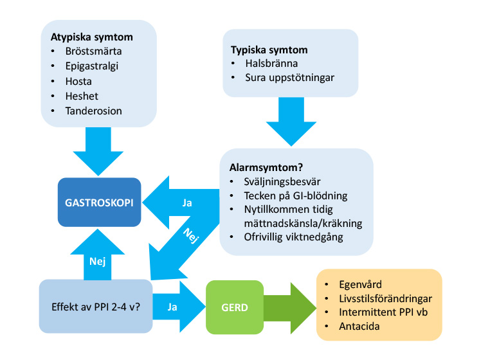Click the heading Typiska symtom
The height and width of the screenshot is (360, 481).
click(x=269, y=50)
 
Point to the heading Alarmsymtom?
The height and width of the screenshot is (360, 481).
click(x=266, y=167)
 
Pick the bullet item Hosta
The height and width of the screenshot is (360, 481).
click(x=78, y=82)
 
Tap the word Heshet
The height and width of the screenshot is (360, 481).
click(x=82, y=96)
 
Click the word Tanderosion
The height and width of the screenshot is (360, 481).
click(x=93, y=111)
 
